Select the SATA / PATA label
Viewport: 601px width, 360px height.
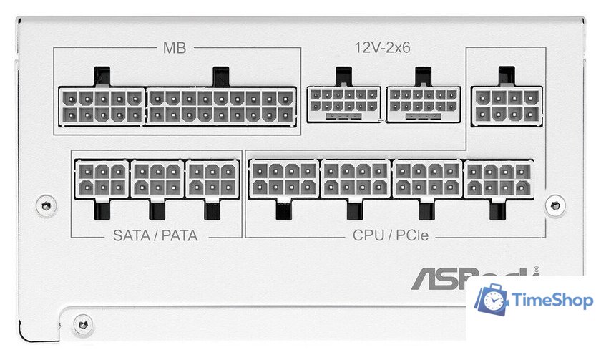point(155,235)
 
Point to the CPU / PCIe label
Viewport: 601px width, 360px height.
point(390,235)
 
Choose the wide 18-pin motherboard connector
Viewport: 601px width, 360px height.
point(221,106)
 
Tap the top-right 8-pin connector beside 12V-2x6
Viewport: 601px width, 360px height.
point(507,105)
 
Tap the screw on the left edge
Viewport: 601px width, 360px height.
point(47,205)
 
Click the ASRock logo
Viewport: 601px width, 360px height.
point(472,277)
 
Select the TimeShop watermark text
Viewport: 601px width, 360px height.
point(553,301)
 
